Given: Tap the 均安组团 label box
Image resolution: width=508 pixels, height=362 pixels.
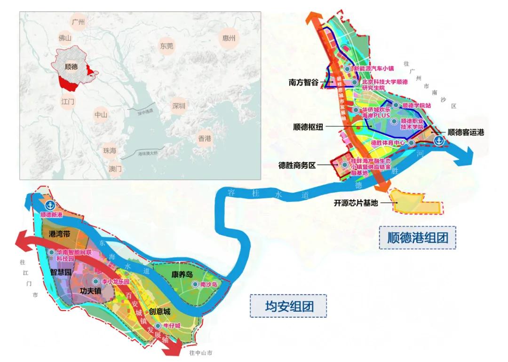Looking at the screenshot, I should (x=288, y=307).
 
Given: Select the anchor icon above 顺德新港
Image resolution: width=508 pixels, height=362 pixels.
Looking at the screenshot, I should (x=50, y=205).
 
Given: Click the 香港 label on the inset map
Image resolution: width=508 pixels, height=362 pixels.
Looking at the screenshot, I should (x=205, y=138).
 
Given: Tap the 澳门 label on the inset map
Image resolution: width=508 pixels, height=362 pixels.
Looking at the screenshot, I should (x=115, y=168).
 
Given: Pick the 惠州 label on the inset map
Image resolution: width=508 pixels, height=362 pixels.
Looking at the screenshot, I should (x=228, y=38).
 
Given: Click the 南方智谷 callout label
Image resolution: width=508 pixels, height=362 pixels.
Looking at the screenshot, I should (x=304, y=82).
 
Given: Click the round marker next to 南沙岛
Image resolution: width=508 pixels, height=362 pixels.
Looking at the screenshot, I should (x=195, y=284).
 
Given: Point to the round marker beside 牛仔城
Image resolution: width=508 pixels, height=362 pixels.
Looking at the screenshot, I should (x=159, y=326).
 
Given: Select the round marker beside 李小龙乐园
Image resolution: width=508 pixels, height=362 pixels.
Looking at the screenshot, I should (x=96, y=281).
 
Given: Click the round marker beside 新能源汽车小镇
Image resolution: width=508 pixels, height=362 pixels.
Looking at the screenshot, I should (x=347, y=69).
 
